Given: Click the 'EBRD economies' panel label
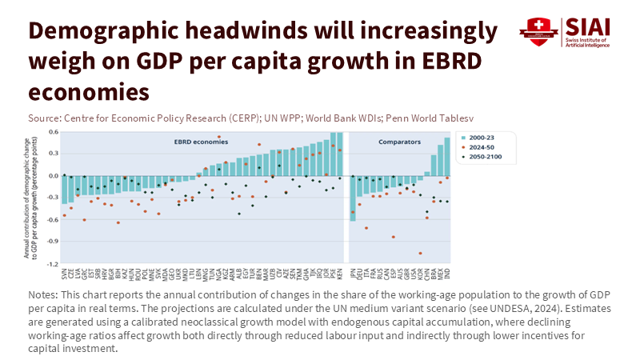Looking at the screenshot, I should click(179, 141).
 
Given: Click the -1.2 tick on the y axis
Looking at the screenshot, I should click(54, 263).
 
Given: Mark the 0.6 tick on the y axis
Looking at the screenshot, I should click(54, 132).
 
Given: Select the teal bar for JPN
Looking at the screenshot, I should click(353, 198).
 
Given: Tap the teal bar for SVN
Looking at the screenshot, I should click(64, 190).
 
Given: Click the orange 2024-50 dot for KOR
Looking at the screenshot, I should click(420, 253).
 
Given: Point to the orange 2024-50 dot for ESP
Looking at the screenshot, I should click(393, 237).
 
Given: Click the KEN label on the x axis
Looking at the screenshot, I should click(340, 273).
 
